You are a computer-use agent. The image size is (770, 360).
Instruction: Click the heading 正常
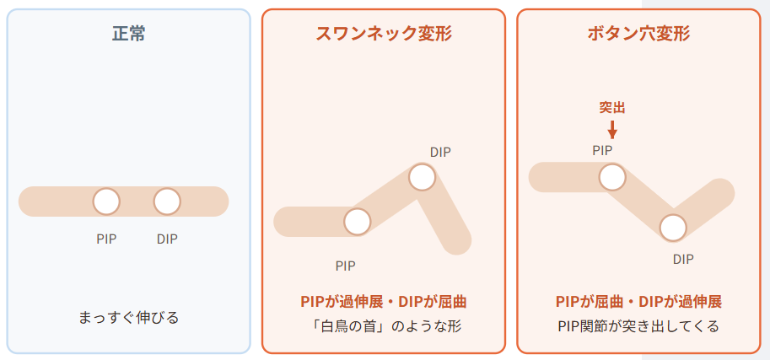129,34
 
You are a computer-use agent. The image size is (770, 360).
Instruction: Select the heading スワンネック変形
384,34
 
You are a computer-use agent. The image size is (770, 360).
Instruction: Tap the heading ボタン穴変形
638,34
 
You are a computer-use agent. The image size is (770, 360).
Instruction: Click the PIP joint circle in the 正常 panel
106,201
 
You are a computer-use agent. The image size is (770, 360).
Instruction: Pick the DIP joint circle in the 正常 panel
167,201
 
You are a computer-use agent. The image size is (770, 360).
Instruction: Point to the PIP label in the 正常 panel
106,239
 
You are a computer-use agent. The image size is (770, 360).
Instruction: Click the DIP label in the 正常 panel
167,239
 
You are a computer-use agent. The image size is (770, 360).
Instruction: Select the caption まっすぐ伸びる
129,318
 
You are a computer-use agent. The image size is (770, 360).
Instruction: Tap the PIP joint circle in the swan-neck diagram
357,222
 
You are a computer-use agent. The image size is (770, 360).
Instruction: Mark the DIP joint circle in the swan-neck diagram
422,177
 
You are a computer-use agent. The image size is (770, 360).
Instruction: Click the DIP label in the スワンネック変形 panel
440,153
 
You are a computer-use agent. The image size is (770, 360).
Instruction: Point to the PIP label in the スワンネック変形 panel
346,266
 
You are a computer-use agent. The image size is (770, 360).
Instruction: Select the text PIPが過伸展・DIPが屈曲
384,302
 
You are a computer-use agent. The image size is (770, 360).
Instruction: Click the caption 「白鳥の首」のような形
384,326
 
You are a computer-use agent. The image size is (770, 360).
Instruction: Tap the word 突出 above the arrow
612,108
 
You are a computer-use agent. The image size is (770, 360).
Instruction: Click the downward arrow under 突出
612,130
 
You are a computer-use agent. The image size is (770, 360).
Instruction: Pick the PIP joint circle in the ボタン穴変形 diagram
612,177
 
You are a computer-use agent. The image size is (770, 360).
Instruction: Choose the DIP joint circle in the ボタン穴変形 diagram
673,228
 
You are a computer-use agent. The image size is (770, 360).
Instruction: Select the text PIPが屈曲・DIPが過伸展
638,302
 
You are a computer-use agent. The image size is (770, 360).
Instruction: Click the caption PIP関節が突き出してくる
638,326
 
